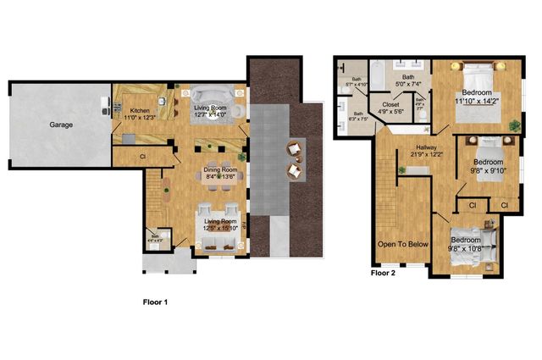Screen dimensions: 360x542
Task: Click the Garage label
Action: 60,125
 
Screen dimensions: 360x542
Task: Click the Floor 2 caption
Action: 383,273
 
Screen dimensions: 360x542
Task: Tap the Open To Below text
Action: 403,244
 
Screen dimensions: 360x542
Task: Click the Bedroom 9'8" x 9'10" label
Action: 488,164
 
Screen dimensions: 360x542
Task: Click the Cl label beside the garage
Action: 143,156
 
